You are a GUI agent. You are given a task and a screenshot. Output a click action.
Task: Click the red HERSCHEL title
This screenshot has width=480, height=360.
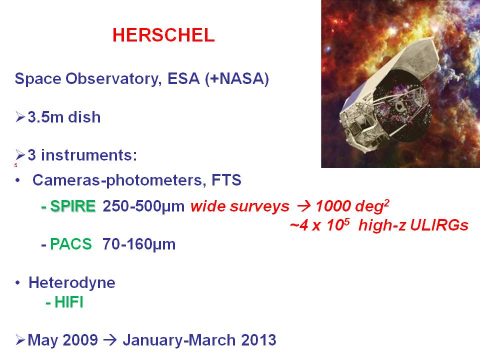(x=163, y=35)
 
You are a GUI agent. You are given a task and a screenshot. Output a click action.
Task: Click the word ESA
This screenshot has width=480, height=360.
(x=183, y=78)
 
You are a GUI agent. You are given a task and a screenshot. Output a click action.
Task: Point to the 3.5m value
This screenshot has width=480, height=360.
(x=45, y=117)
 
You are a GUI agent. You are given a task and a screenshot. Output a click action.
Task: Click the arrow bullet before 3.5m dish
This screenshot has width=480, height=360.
(x=20, y=117)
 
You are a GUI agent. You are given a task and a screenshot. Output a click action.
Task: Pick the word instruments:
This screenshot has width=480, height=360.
(x=89, y=155)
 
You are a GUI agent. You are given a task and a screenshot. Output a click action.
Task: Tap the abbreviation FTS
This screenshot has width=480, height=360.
(x=226, y=179)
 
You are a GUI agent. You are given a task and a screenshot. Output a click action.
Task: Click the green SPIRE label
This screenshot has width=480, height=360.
(x=73, y=205)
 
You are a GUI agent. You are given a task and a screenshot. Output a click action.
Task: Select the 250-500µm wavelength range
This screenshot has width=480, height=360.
(x=143, y=206)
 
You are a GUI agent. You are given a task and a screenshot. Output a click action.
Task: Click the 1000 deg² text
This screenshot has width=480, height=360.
(x=352, y=205)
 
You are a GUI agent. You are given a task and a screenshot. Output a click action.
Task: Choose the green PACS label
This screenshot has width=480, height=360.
(x=70, y=244)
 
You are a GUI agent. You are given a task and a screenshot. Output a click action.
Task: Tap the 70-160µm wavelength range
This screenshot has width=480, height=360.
(x=139, y=244)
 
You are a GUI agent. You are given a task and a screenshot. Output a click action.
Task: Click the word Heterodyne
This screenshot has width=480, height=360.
(x=72, y=283)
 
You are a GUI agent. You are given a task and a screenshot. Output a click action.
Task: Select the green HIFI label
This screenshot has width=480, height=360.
(x=68, y=302)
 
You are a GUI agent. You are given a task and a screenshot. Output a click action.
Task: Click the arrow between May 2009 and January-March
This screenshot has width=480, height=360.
(x=110, y=340)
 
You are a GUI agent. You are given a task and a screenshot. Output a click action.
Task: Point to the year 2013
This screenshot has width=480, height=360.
(x=258, y=340)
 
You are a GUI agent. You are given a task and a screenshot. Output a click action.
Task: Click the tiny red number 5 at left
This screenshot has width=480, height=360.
(x=15, y=165)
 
